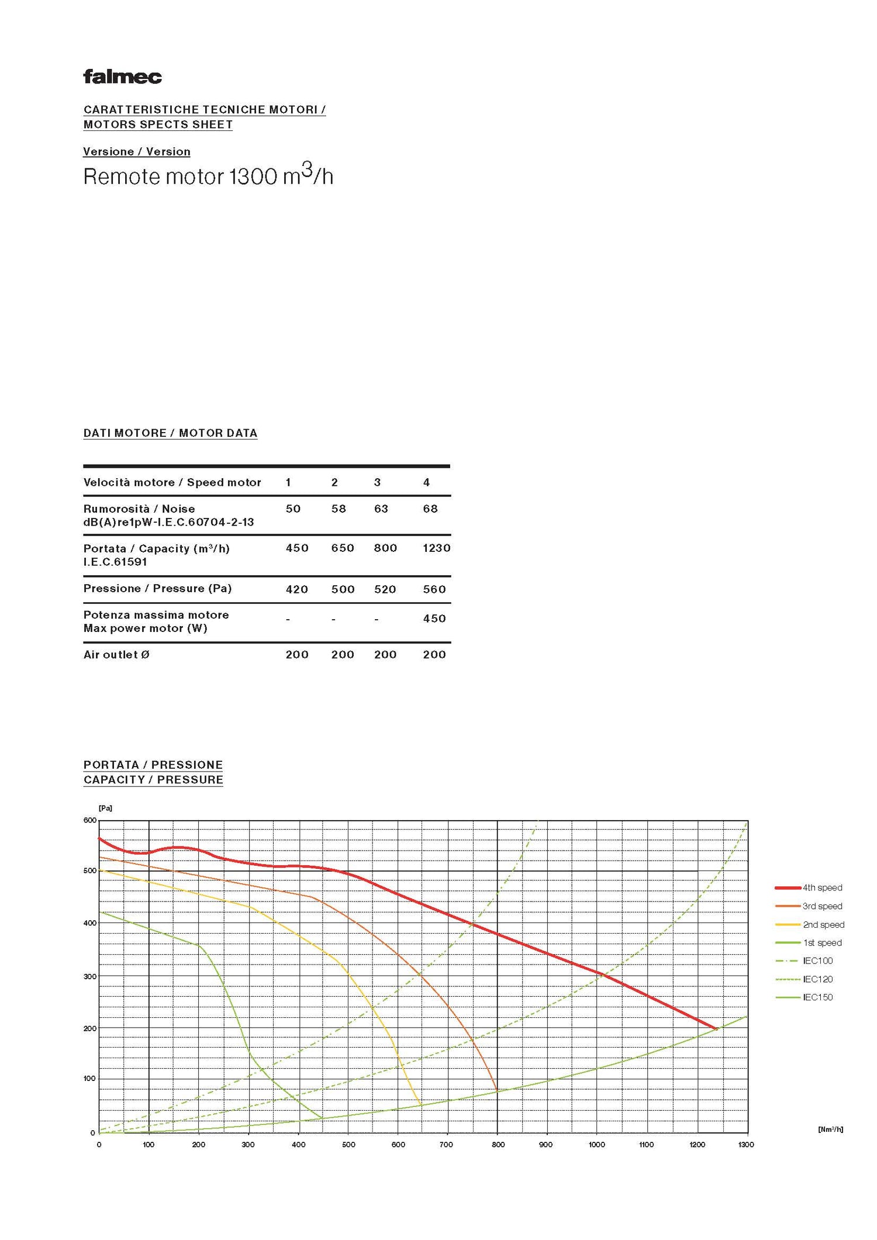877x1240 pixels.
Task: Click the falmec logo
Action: point(122,77)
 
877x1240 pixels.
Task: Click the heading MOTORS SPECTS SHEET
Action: point(158,125)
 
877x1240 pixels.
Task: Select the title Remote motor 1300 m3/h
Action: point(208,176)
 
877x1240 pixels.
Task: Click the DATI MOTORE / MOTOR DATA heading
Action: point(170,433)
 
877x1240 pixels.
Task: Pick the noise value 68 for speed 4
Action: point(430,509)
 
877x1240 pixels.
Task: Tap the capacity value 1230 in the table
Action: point(436,548)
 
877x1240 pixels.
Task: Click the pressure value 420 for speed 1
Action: point(296,589)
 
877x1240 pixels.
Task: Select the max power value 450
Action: point(434,619)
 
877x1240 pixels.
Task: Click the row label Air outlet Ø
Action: point(116,655)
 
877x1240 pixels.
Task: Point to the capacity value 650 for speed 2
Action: point(343,548)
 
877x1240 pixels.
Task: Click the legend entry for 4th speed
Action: point(821,887)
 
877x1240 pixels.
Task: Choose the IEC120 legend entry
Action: point(817,979)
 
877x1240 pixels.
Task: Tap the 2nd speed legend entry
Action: point(823,924)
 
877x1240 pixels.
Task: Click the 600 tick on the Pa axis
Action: point(89,820)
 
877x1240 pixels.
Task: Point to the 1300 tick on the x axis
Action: point(746,1144)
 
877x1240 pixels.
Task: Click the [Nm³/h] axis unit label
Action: point(830,1129)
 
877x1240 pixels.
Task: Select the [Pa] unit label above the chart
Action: point(105,808)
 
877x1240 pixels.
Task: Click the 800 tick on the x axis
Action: point(498,1144)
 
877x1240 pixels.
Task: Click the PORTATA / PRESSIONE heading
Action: point(153,765)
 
